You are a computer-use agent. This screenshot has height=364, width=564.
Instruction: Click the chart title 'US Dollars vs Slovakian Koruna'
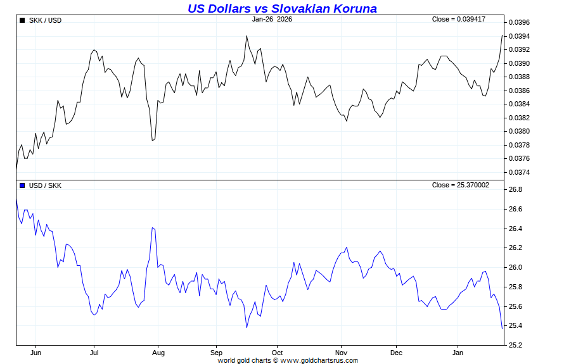[x=282, y=8]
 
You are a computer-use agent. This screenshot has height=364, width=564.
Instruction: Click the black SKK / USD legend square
[x=22, y=20]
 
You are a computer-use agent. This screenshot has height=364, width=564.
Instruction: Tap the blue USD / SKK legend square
[x=22, y=185]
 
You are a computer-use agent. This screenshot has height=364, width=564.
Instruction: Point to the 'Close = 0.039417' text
[x=458, y=19]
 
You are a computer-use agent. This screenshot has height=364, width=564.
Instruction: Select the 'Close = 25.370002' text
[x=461, y=185]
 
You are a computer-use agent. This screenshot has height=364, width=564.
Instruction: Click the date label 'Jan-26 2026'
[x=272, y=19]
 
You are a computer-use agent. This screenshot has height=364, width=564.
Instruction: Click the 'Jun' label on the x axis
[x=35, y=352]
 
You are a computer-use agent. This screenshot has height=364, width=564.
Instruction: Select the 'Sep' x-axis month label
[x=216, y=352]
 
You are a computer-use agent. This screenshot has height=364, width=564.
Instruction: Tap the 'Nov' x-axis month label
[x=341, y=352]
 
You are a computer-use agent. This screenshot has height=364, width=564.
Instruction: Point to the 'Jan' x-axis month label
[x=458, y=352]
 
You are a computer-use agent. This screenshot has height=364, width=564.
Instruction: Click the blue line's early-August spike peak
[x=153, y=227]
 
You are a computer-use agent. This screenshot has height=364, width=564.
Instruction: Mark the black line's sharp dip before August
[x=153, y=141]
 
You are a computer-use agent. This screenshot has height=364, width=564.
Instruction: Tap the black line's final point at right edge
[x=502, y=35]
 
